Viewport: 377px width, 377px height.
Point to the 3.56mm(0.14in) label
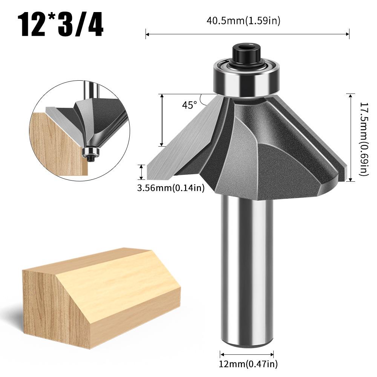[171, 187]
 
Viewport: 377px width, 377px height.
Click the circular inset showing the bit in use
[79, 128]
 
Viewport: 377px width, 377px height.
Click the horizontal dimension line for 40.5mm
[247, 35]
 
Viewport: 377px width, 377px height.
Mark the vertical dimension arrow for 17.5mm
[351, 138]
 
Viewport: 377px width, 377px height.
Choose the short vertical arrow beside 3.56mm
[142, 172]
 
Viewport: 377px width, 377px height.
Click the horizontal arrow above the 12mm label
[247, 354]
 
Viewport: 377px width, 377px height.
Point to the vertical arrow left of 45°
[162, 120]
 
